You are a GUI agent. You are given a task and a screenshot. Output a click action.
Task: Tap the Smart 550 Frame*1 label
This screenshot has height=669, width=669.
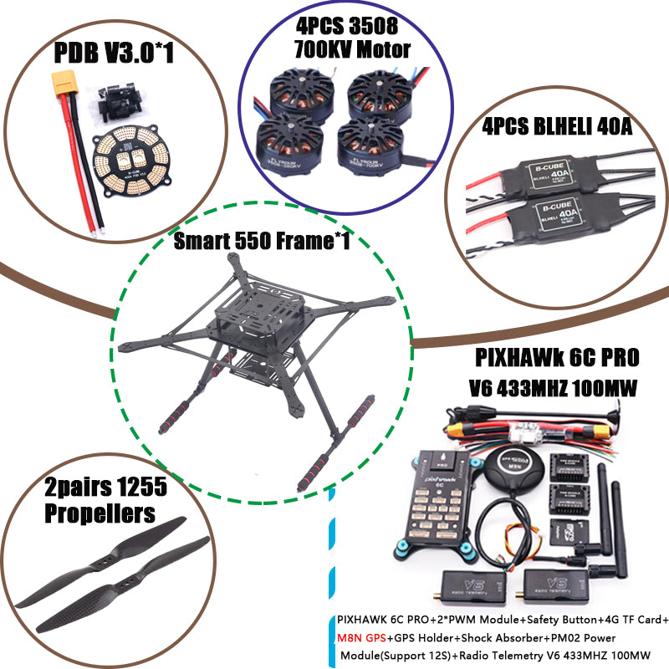261,243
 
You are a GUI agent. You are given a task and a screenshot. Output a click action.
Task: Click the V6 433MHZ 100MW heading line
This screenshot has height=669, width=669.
556,389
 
